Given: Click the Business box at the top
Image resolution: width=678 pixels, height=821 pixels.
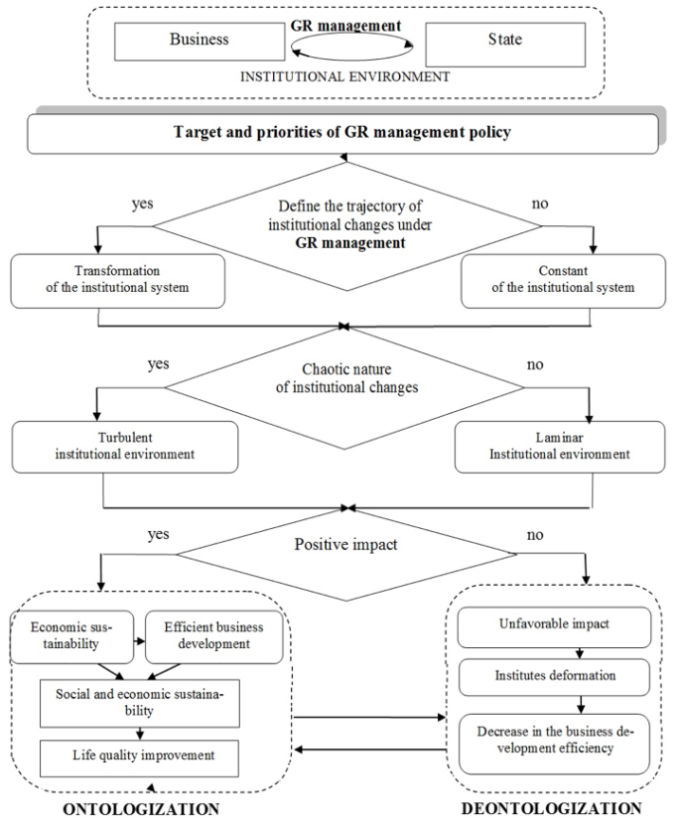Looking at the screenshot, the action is click(x=200, y=42).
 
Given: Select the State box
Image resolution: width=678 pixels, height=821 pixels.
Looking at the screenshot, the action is click(x=505, y=45).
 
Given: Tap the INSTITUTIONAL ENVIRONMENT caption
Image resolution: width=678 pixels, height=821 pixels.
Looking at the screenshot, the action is click(x=345, y=77).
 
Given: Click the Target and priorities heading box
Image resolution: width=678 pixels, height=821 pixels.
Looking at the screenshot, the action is click(x=342, y=134).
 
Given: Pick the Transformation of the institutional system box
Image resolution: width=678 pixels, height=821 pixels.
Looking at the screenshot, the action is click(x=118, y=281).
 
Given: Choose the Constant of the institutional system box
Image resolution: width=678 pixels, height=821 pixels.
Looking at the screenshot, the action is click(x=563, y=281).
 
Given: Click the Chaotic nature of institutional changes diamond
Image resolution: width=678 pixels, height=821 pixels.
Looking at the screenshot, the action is click(x=344, y=388).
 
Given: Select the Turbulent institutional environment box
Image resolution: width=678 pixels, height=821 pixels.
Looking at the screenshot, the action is click(x=125, y=447).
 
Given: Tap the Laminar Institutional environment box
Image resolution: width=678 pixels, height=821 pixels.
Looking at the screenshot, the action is click(x=560, y=447).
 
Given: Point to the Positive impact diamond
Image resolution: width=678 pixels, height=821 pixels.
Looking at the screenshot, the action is click(x=346, y=554).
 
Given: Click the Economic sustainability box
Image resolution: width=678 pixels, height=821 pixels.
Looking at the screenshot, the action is click(x=71, y=636).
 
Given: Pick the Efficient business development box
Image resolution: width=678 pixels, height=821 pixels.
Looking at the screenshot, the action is click(x=214, y=636).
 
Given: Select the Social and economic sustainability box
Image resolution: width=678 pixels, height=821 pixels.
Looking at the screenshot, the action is click(x=140, y=703).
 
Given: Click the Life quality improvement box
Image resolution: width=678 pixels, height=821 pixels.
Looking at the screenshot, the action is click(x=139, y=758).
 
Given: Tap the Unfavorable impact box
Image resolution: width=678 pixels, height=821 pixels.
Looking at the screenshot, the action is click(x=555, y=627).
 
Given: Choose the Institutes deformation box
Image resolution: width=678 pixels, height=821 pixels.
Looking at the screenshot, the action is click(x=555, y=677).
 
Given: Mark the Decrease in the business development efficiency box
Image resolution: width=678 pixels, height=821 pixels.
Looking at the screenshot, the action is click(x=555, y=744).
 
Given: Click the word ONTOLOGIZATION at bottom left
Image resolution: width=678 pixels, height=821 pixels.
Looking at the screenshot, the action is click(x=141, y=809).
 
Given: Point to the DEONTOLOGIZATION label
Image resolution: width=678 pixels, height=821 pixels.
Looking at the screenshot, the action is click(x=551, y=808).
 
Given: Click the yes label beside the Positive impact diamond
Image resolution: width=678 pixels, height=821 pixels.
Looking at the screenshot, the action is click(x=158, y=534).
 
